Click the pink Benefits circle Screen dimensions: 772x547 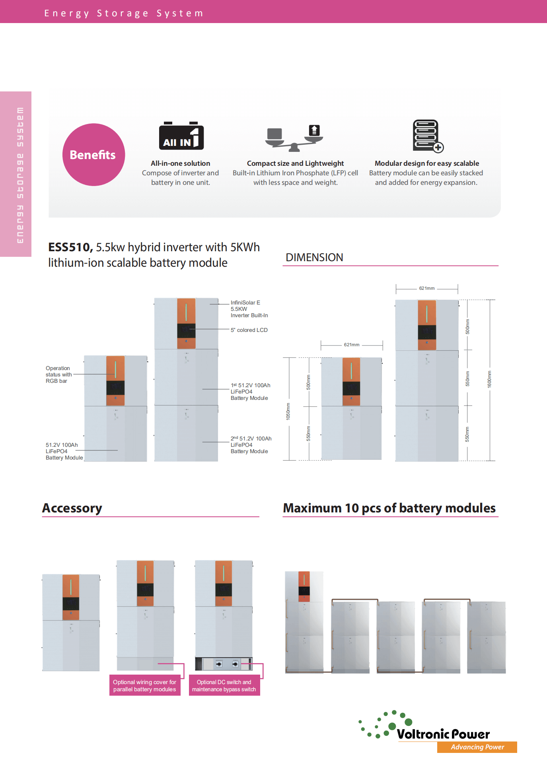[x=93, y=155]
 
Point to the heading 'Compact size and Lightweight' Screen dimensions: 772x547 [x=295, y=163]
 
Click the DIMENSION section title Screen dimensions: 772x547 [x=314, y=258]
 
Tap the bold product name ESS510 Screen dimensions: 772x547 [x=70, y=247]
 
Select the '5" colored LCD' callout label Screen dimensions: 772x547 [x=249, y=330]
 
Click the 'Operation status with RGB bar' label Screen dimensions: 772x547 [x=58, y=374]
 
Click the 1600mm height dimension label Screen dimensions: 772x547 [x=489, y=379]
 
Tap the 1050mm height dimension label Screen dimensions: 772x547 [x=288, y=411]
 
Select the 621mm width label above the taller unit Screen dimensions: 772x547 [x=426, y=288]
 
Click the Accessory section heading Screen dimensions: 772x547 [x=72, y=508]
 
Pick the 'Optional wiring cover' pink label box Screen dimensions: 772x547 [x=145, y=686]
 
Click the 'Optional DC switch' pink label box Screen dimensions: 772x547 [x=224, y=686]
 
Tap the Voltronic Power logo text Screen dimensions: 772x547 [x=443, y=734]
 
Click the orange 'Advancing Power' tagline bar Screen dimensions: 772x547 [x=477, y=747]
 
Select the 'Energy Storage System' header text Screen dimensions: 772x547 [x=124, y=13]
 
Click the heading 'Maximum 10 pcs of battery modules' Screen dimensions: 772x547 [x=389, y=508]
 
